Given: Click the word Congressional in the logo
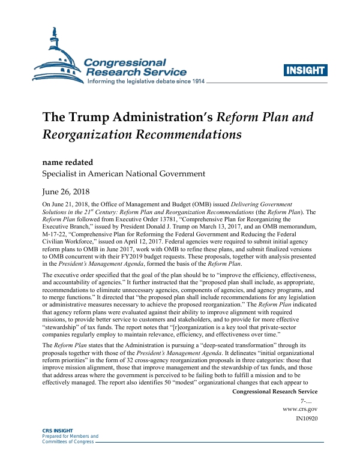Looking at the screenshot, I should pos(125,62).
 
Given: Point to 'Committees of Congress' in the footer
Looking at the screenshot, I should pos(67,441).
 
